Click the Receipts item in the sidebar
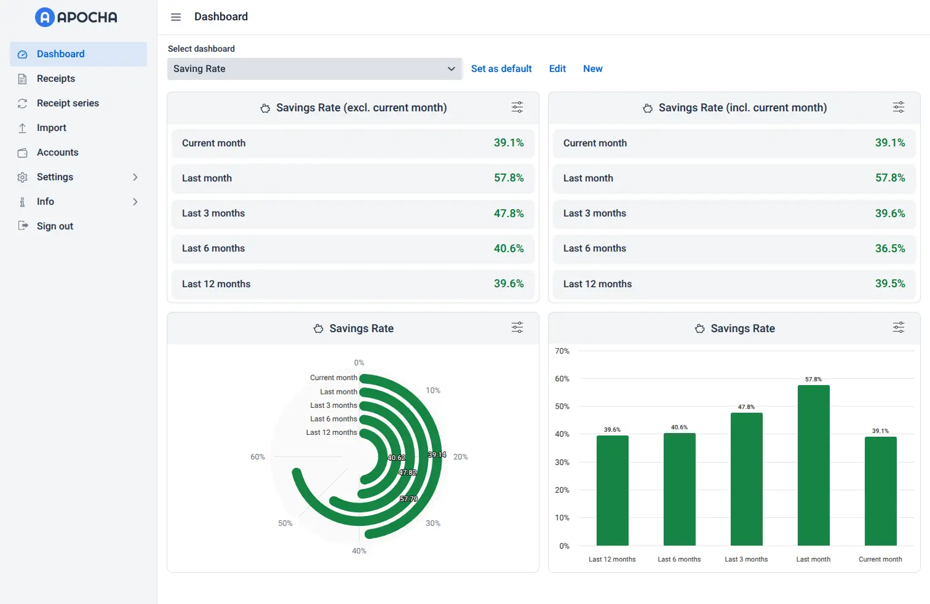coord(55,79)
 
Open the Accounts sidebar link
coord(57,153)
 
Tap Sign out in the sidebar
coord(55,226)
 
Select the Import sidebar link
coord(51,128)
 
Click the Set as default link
coord(501,69)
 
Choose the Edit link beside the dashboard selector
coord(557,69)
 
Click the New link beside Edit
coord(592,69)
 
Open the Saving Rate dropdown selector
coord(314,69)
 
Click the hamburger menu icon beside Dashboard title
coord(176,17)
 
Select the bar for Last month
coord(813,465)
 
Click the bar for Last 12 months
coord(612,490)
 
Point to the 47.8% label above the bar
coord(746,407)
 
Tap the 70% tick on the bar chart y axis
coord(562,351)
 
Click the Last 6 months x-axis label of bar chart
coord(679,559)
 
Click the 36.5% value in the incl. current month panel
coord(889,248)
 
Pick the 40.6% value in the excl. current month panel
coord(509,248)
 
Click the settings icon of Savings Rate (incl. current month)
coord(898,108)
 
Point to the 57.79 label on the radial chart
coord(408,499)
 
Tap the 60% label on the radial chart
coord(257,457)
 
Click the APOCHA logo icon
coord(45,17)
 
